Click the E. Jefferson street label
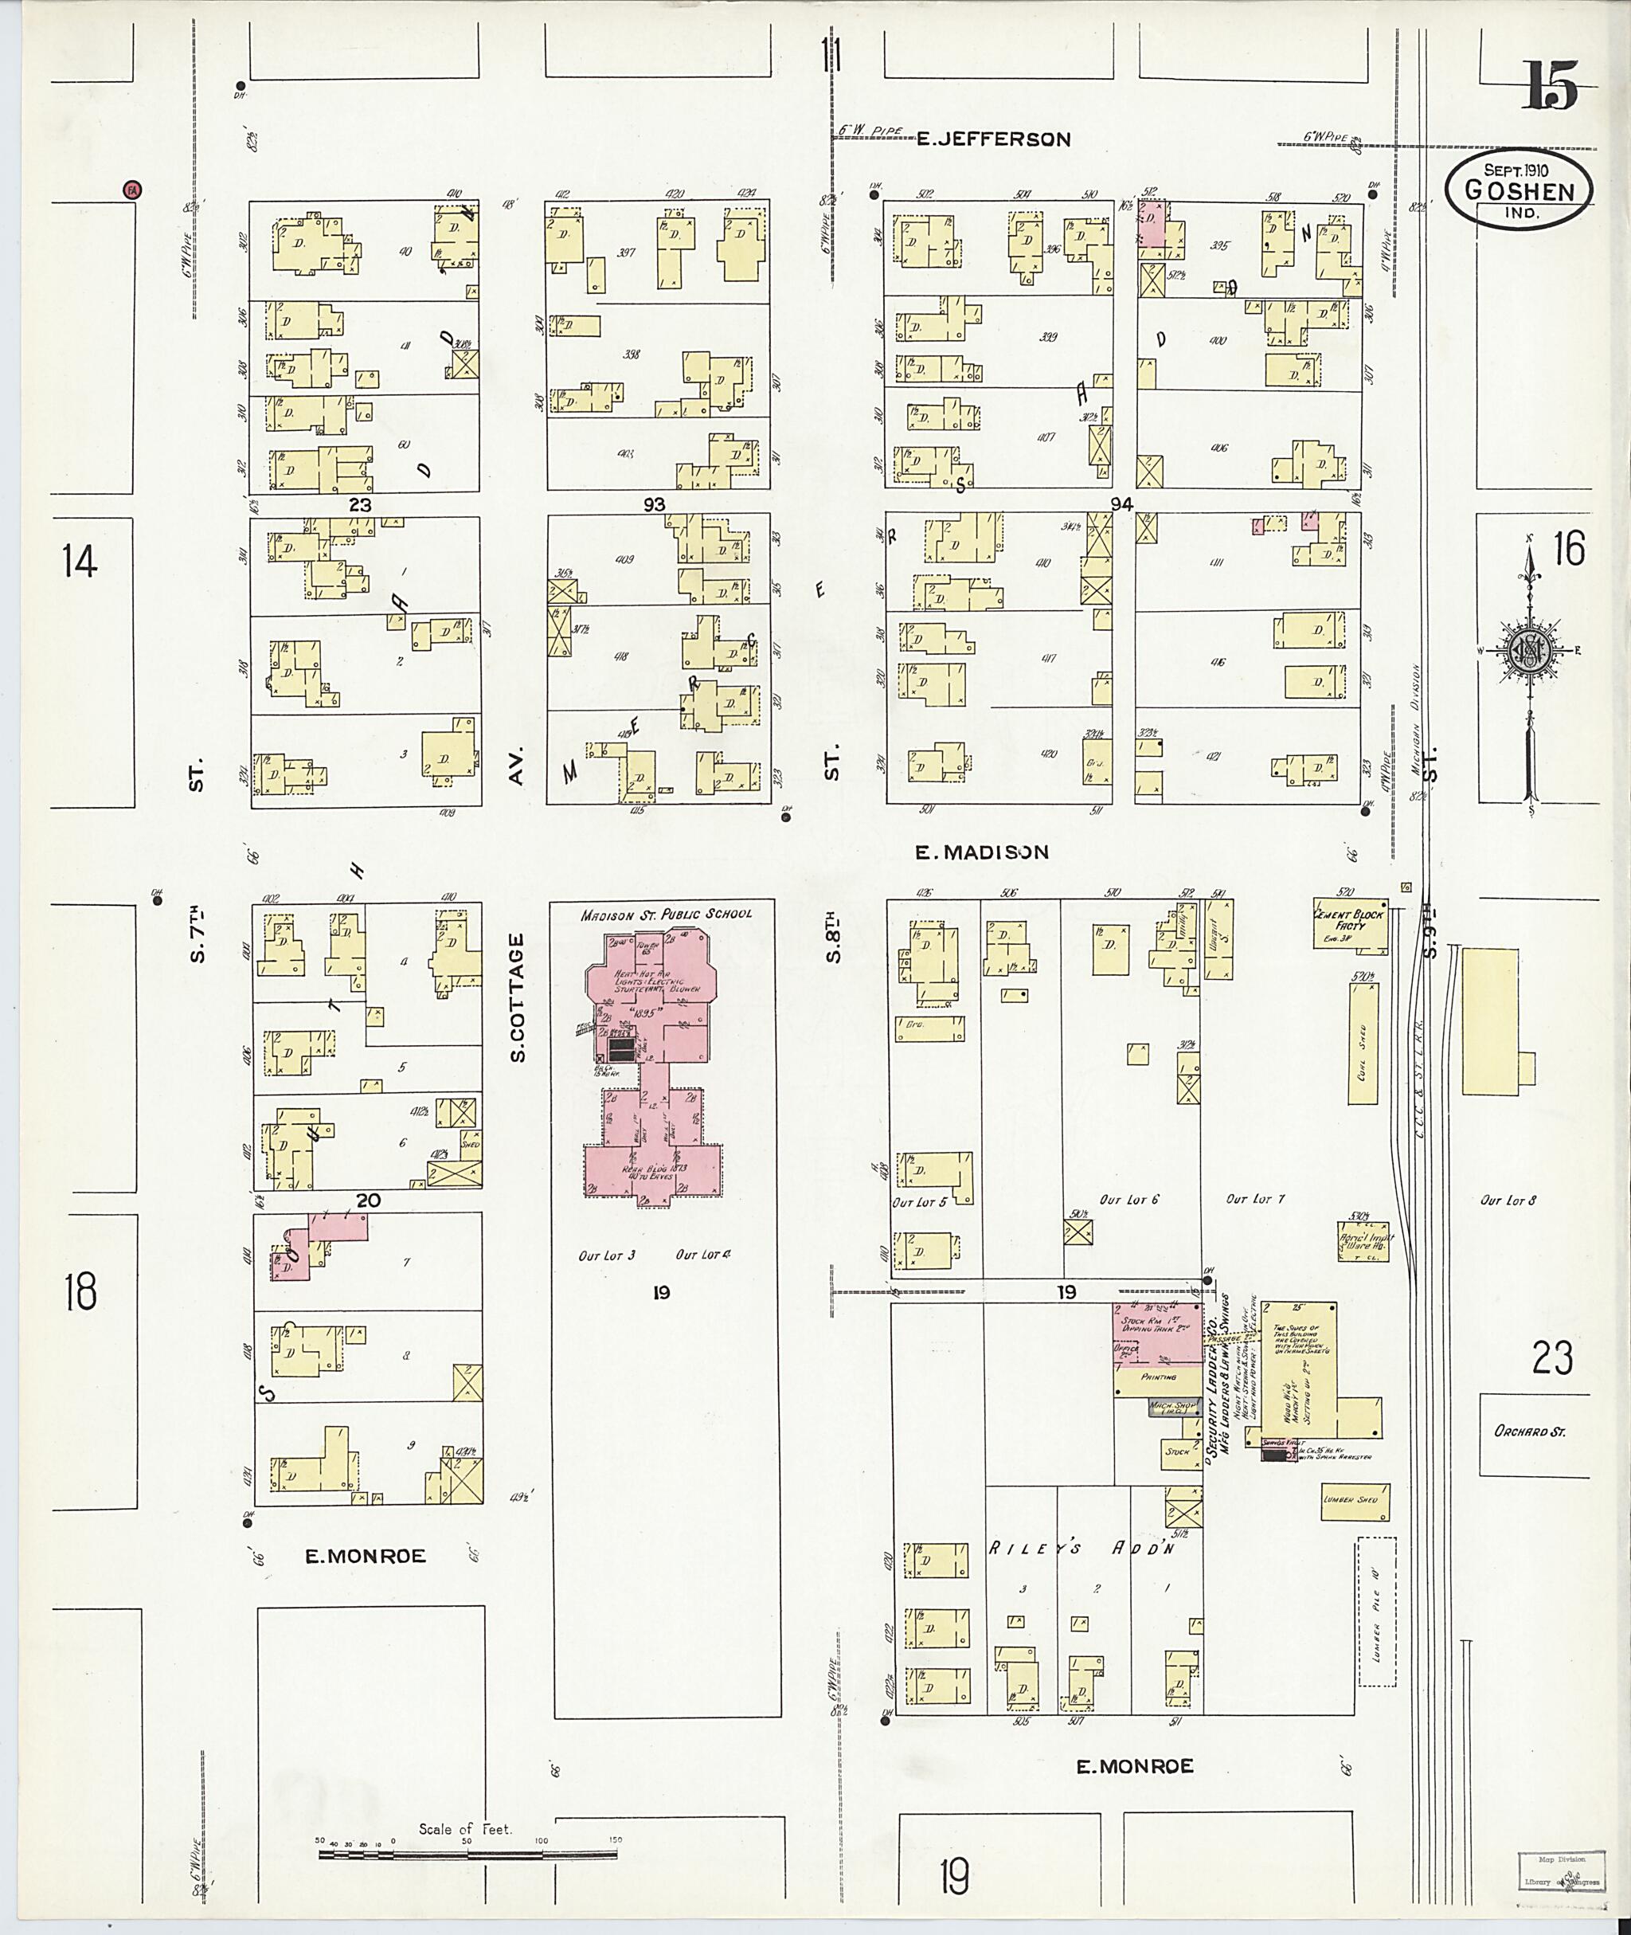pyautogui.click(x=993, y=139)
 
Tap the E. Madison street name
pyautogui.click(x=982, y=853)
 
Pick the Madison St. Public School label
pyautogui.click(x=666, y=914)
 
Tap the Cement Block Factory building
pyautogui.click(x=1351, y=922)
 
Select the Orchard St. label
pyautogui.click(x=1529, y=1432)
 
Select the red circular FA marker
pyautogui.click(x=132, y=190)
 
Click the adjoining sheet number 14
pyautogui.click(x=80, y=562)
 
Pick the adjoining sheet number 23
pyautogui.click(x=1551, y=1357)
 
